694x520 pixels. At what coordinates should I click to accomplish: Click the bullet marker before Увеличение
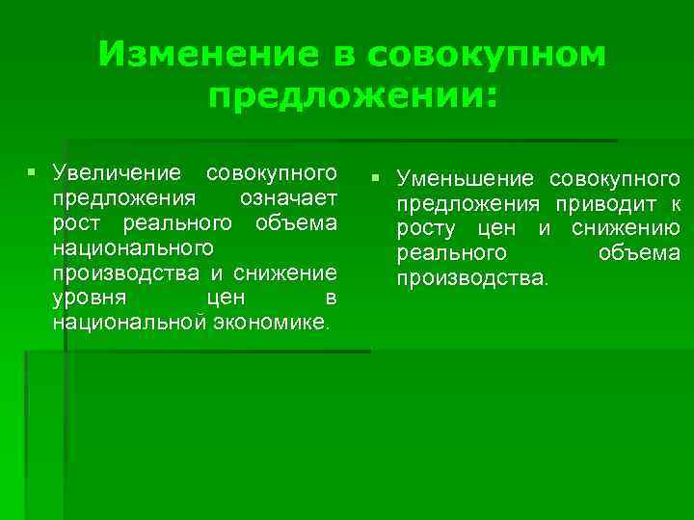32,173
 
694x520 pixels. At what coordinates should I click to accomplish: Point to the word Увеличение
117,173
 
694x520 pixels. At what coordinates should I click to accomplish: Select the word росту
425,229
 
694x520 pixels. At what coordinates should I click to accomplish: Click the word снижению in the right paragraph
626,229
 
